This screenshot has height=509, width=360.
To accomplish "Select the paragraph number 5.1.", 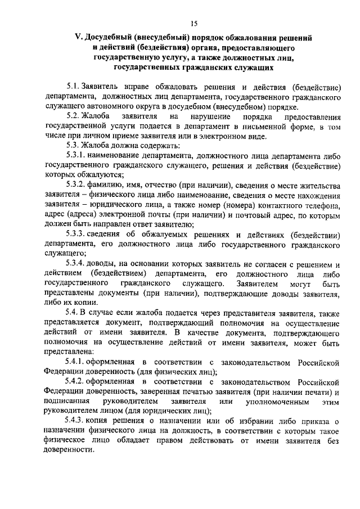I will coord(73,87).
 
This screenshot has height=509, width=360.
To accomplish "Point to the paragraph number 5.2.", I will coord(73,116).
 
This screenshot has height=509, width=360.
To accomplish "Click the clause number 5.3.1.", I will coord(75,156).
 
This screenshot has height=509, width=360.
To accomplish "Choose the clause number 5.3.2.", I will coord(75,186).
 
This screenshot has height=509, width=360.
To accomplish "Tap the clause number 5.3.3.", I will coord(75,235).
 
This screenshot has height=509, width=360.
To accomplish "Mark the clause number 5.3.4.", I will coord(75,264).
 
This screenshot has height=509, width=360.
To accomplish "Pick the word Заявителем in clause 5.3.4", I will coord(259,283).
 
